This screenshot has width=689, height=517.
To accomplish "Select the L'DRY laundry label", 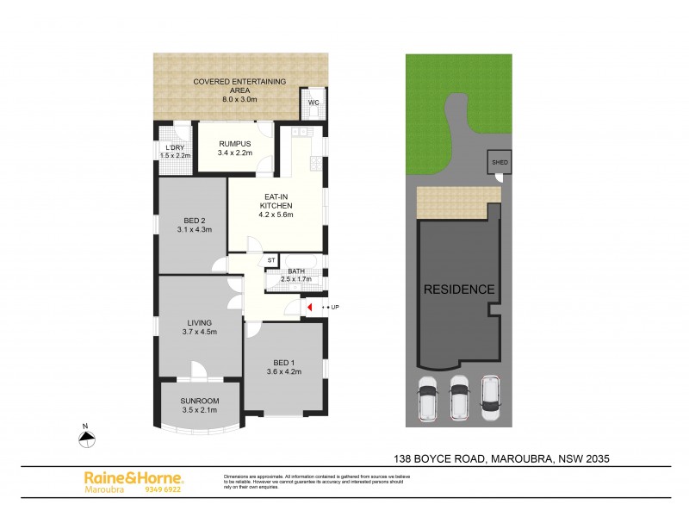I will click(x=176, y=147).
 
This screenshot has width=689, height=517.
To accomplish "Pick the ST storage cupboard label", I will click(x=270, y=259).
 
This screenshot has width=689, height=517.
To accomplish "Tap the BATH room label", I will click(x=296, y=271).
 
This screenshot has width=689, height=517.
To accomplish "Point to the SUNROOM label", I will click(x=200, y=402).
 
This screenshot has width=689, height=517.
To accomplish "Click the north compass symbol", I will click(x=86, y=439).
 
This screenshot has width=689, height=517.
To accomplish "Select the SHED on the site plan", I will click(x=500, y=162).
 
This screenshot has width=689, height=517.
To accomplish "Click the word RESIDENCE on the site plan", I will click(x=459, y=290).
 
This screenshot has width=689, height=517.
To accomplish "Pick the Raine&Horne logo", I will click(x=133, y=477).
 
